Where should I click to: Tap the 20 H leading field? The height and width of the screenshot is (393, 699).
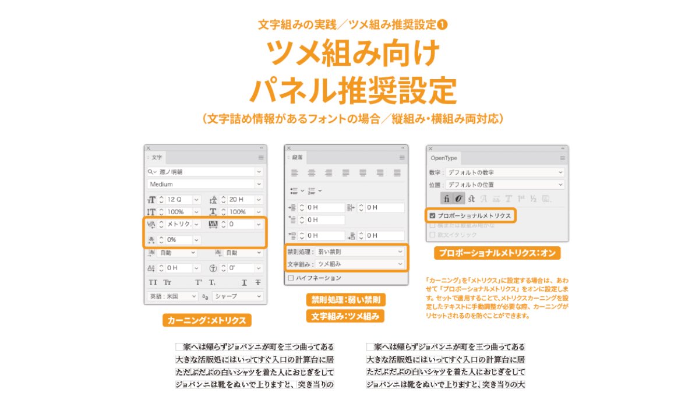(x=240, y=200)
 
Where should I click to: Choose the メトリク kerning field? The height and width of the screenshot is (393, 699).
(x=179, y=224)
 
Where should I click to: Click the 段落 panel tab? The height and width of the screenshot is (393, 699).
(x=297, y=158)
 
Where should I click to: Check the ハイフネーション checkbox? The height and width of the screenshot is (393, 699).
(x=291, y=278)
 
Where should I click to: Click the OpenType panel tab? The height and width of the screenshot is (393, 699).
(x=444, y=158)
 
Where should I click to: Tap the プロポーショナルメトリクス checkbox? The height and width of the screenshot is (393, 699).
(x=432, y=215)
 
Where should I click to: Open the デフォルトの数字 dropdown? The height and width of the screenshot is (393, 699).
(x=504, y=172)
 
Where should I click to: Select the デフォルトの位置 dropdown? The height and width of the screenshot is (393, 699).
(x=504, y=185)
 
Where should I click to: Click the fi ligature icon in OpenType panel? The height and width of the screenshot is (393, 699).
(x=446, y=199)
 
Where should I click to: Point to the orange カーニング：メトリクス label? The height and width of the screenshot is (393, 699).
(x=207, y=320)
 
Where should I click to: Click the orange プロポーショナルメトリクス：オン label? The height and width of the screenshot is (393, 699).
(x=497, y=253)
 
